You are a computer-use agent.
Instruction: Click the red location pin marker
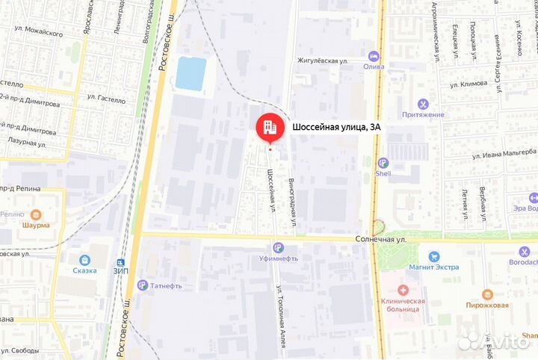[x=270, y=128]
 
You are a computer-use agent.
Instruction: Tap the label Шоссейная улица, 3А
[x=336, y=127]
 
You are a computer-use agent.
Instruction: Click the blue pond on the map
[x=190, y=73]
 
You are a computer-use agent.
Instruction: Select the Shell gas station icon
[x=383, y=163]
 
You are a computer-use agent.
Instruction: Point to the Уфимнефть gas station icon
[x=278, y=248]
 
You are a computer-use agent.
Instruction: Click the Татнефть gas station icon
[x=142, y=285]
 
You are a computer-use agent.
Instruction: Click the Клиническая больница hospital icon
[x=402, y=290]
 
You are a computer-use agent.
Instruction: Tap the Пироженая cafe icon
[x=487, y=294]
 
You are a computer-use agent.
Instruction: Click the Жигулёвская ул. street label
[x=323, y=60]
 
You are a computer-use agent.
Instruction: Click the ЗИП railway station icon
[x=120, y=262]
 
